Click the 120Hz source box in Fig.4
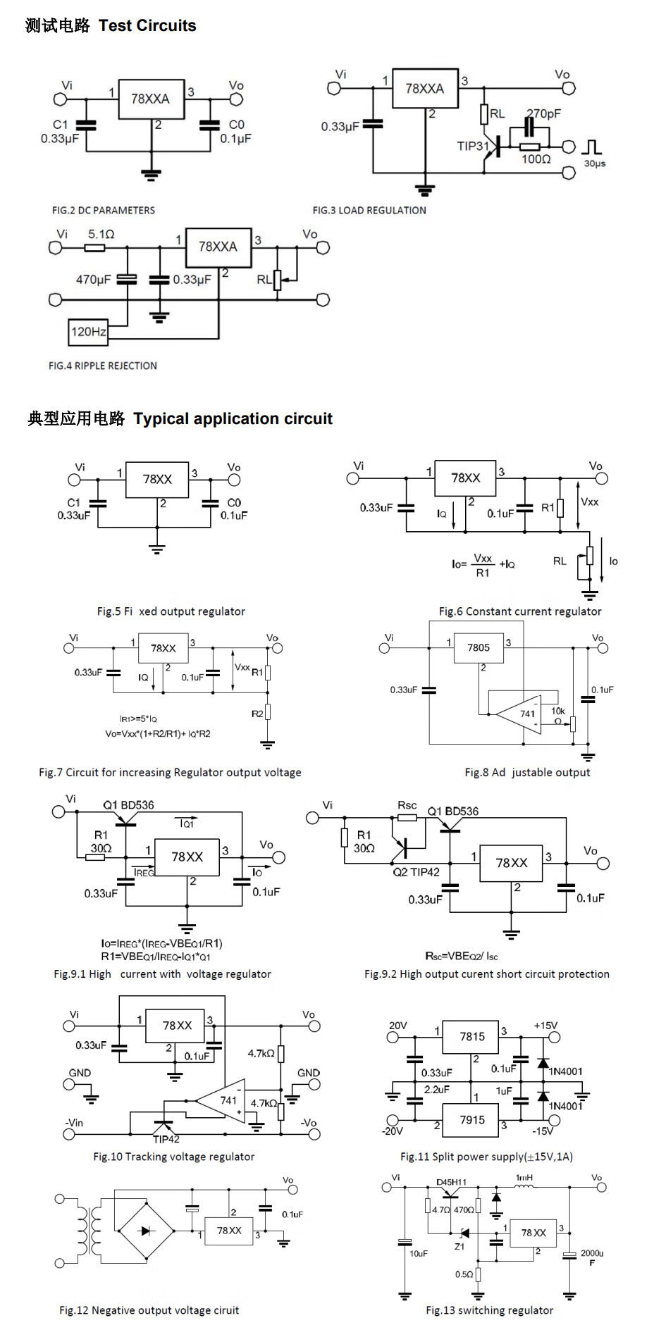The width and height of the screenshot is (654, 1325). (x=88, y=332)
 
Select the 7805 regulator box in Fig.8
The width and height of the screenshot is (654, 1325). (x=479, y=648)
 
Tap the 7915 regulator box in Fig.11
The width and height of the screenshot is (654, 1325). (x=472, y=1120)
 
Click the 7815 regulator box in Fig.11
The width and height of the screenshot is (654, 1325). (x=472, y=1037)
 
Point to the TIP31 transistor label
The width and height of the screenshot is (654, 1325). (x=472, y=147)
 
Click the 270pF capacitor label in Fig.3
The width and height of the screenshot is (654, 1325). (x=544, y=113)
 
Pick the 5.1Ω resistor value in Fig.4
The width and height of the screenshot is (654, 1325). (x=101, y=234)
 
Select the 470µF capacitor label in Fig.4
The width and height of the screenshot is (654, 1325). (x=94, y=280)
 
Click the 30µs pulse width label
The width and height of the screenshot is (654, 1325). (x=595, y=163)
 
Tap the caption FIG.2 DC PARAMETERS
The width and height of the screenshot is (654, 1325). (x=104, y=210)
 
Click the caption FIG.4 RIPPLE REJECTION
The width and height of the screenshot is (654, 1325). (x=103, y=366)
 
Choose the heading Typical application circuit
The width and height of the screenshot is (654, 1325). (x=233, y=418)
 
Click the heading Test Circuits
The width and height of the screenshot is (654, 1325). (x=147, y=25)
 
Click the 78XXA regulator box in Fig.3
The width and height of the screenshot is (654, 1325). (x=425, y=89)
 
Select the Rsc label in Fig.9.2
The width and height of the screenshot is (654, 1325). (x=407, y=805)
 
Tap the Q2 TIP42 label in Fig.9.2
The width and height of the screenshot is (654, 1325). (x=416, y=872)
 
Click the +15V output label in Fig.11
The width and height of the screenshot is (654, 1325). (x=545, y=1026)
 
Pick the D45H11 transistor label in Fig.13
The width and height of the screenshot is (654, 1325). (x=451, y=1182)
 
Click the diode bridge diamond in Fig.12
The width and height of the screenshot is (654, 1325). (x=146, y=1231)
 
